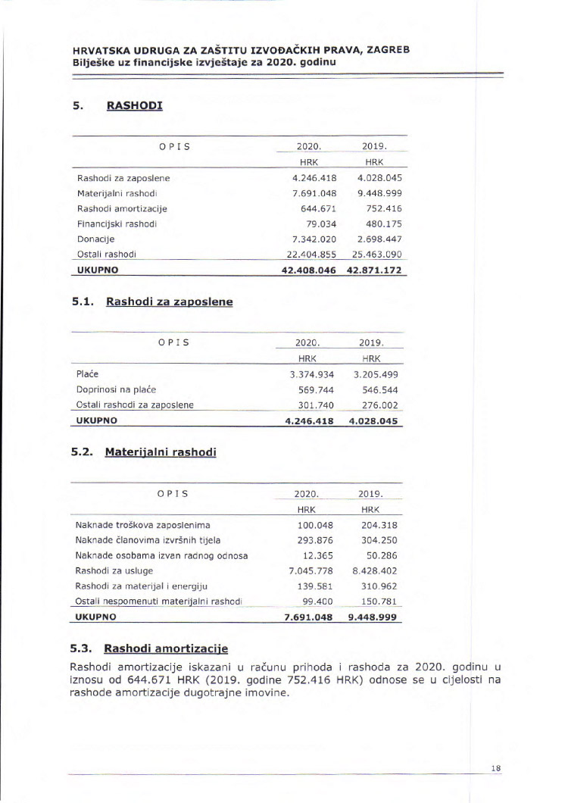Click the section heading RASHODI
click(x=134, y=105)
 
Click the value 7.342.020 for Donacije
click(x=314, y=239)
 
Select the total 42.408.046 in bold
click(x=308, y=270)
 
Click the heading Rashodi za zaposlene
click(x=169, y=302)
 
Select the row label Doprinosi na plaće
click(x=116, y=389)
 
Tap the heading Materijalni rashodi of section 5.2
click(x=161, y=452)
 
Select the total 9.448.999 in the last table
click(x=373, y=617)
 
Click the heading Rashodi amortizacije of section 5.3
click(x=166, y=648)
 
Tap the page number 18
click(x=496, y=767)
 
